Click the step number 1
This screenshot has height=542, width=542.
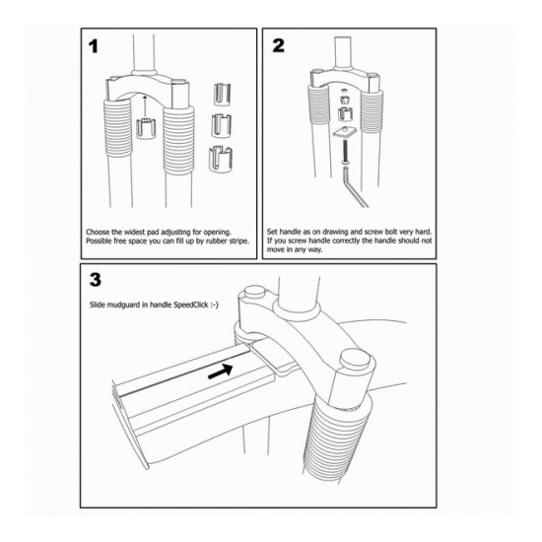pyautogui.click(x=94, y=46)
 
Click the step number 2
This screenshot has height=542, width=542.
pyautogui.click(x=278, y=45)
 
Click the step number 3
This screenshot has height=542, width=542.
pyautogui.click(x=96, y=280)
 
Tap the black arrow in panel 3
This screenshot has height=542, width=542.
pyautogui.click(x=220, y=372)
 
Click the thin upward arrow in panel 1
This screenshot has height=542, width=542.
pyautogui.click(x=145, y=107)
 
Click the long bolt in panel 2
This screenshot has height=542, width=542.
pyautogui.click(x=345, y=151)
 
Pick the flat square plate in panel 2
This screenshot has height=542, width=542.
pyautogui.click(x=344, y=132)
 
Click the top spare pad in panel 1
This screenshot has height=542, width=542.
pyautogui.click(x=222, y=94)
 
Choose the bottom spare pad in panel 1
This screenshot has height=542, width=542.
pyautogui.click(x=220, y=159)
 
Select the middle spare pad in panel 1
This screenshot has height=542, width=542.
pyautogui.click(x=221, y=124)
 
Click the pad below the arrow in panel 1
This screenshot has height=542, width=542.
pyautogui.click(x=146, y=128)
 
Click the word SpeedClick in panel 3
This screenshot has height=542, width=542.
pyautogui.click(x=191, y=305)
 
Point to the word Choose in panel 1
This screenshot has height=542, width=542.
pyautogui.click(x=98, y=232)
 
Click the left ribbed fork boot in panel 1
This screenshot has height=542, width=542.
pyautogui.click(x=117, y=128)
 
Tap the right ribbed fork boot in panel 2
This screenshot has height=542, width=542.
pyautogui.click(x=372, y=110)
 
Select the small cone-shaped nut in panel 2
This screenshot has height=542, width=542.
pyautogui.click(x=344, y=101)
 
